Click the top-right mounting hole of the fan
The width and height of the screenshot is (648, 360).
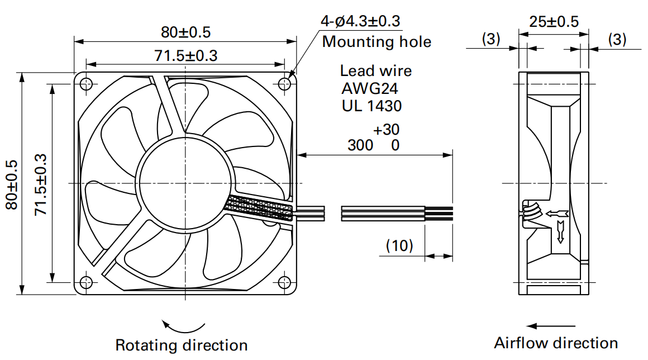[x=285, y=84]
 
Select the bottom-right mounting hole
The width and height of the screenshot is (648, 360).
[x=285, y=282]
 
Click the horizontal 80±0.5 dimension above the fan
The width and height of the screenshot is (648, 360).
[x=185, y=32]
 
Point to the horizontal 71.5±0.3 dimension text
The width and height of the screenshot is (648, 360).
[x=185, y=55]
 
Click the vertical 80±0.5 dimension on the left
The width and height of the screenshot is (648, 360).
[x=11, y=184]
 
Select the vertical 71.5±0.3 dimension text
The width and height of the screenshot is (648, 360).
[x=40, y=184]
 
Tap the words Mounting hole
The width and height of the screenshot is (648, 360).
[x=377, y=41]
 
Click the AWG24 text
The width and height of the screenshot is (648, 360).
[x=370, y=88]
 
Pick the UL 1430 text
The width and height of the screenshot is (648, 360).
[x=371, y=106]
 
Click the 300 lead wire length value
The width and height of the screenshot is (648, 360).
[x=360, y=146]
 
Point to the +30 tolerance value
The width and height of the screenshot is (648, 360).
[x=387, y=130]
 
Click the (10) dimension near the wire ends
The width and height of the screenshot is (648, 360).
[x=399, y=245]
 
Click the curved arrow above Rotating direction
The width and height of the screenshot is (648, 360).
[x=183, y=326]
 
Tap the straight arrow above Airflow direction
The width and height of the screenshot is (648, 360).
[x=550, y=325]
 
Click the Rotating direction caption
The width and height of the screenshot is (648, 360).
[x=182, y=345]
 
